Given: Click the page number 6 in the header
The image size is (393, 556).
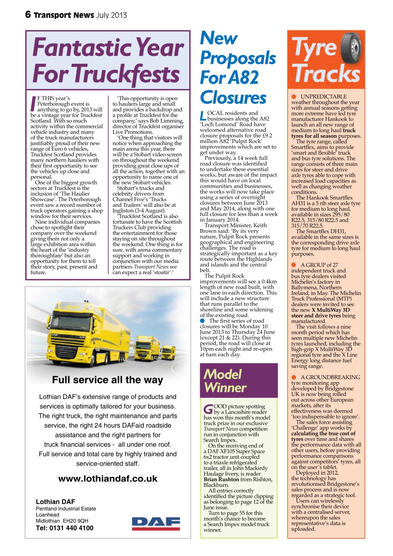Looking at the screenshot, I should click(28, 15).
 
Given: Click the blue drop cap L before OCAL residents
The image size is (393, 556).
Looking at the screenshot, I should click(203, 116).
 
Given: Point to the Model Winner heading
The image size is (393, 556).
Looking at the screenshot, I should click(225, 380).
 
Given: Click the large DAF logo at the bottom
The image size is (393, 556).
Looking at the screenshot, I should click(156, 523).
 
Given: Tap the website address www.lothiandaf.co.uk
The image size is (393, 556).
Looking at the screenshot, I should click(108, 479).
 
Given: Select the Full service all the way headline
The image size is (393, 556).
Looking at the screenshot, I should click(108, 380).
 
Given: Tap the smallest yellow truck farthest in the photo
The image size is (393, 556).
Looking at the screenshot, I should click(168, 351).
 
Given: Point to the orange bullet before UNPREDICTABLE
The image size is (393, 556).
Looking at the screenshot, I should click(294, 96).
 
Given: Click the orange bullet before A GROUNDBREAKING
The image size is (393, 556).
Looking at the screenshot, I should click(294, 377).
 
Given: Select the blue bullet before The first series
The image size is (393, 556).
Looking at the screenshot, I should click(203, 321).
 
